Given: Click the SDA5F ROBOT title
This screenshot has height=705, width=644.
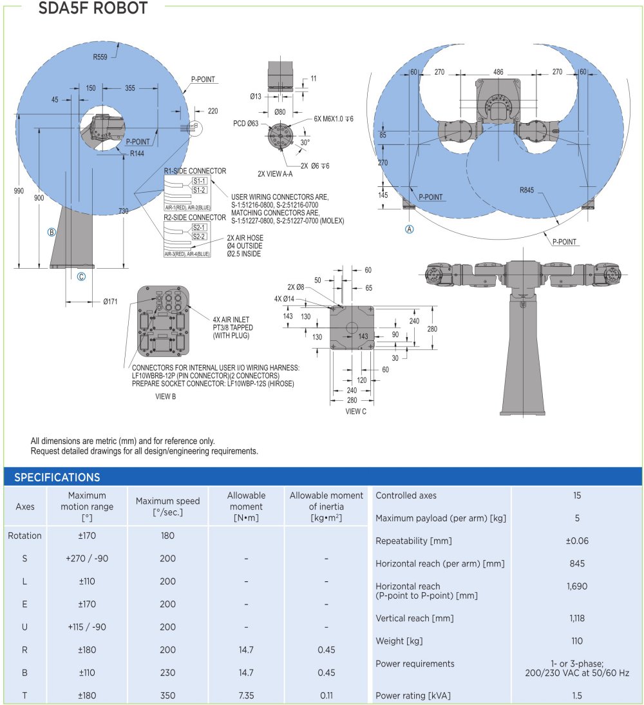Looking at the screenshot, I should [x=94, y=8].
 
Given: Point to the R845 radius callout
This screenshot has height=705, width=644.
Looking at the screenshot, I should [x=529, y=190].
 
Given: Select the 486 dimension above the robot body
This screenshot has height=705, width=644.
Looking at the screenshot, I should [x=498, y=72].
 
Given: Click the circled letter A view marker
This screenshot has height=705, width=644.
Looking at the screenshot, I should [x=409, y=229].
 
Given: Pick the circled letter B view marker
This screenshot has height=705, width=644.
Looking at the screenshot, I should [x=52, y=232].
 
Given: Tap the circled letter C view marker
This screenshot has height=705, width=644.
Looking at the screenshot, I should [x=81, y=277].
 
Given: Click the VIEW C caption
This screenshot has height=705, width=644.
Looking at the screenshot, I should [x=356, y=411].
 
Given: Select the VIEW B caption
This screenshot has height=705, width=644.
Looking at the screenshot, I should [x=166, y=396].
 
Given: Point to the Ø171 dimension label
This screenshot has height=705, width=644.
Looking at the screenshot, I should [x=110, y=300].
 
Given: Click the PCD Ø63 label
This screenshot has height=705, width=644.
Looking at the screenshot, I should [x=246, y=123].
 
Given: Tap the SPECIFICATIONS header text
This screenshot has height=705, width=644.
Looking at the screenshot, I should [x=57, y=478].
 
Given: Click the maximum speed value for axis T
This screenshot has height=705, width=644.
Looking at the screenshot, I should [x=167, y=695].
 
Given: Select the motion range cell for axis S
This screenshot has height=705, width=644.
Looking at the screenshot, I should [x=87, y=558].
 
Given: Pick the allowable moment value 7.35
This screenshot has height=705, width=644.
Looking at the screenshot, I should [x=246, y=695].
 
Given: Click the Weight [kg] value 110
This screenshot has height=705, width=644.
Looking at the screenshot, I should [x=577, y=641].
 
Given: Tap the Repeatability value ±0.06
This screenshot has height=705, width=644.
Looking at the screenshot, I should [x=577, y=541].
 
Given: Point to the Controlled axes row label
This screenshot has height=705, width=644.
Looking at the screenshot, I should [x=406, y=496].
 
